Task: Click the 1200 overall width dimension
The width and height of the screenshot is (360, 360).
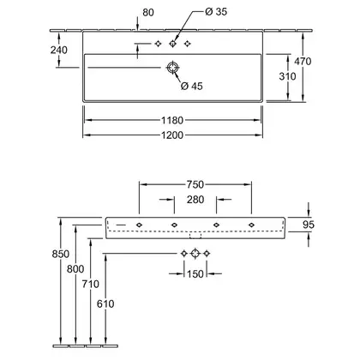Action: [172, 135]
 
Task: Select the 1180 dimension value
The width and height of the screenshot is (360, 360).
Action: [172, 120]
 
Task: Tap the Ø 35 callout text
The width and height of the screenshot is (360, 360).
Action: [216, 11]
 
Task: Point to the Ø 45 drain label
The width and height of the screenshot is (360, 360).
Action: [191, 86]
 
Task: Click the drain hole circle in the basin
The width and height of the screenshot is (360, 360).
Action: [172, 68]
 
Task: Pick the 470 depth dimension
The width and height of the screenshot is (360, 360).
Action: [303, 61]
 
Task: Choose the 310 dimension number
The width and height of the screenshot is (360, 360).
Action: [287, 76]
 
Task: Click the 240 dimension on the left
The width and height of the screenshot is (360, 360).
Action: [59, 50]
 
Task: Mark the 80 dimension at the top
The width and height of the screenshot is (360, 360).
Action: [148, 12]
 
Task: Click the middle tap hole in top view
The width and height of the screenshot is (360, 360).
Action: [172, 44]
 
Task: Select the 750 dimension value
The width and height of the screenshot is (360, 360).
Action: [195, 184]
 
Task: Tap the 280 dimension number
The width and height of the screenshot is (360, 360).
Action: [195, 200]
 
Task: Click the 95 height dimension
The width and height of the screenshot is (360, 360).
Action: [309, 225]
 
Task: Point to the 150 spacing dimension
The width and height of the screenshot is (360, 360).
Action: [195, 274]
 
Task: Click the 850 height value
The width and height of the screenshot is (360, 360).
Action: [61, 254]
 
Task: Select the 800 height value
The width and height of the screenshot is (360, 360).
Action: [75, 269]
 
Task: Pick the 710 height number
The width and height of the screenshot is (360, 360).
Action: [91, 284]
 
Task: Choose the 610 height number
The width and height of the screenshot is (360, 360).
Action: [105, 303]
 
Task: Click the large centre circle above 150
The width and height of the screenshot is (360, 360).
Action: [195, 253]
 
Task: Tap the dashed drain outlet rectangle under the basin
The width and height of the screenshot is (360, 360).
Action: [195, 236]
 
